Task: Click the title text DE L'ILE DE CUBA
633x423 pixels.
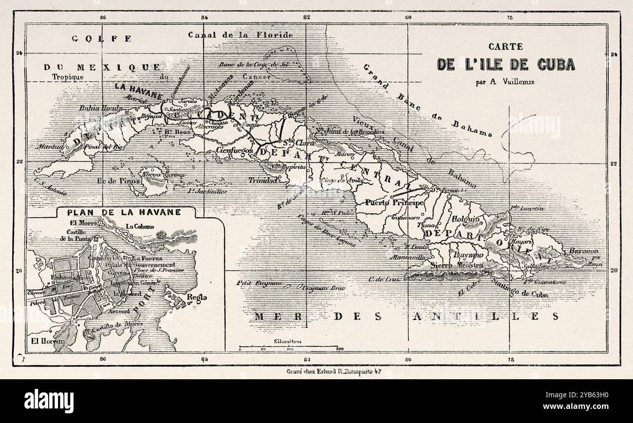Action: click(x=506, y=65)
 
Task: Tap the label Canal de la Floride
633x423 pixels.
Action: click(x=241, y=35)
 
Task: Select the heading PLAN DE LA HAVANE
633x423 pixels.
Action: click(x=124, y=212)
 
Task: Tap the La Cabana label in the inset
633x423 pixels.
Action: click(x=140, y=226)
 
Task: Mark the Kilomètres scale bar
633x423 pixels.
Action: click(x=289, y=347)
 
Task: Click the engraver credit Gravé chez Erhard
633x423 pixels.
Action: click(x=337, y=370)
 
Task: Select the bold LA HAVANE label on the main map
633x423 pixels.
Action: click(x=138, y=87)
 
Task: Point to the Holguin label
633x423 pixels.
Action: click(x=463, y=219)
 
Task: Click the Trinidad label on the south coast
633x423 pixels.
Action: click(x=263, y=180)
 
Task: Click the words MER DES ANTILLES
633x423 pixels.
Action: click(x=406, y=317)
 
